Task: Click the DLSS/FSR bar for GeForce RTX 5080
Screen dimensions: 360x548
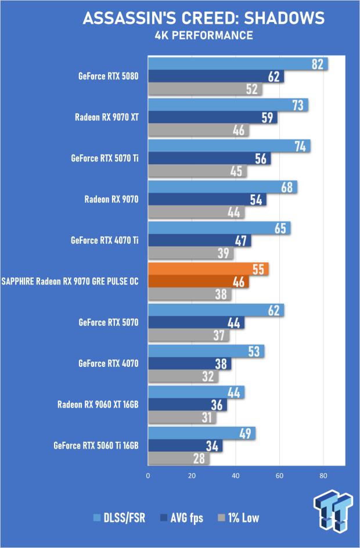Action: (x=237, y=64)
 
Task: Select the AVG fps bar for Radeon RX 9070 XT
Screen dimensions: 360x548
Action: (x=213, y=117)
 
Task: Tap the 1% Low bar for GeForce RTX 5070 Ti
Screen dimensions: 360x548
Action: (x=197, y=171)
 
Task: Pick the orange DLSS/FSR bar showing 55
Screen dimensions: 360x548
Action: (x=208, y=269)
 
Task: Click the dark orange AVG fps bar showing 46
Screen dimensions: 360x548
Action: (x=199, y=282)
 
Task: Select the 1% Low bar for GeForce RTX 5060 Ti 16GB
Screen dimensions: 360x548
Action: (x=179, y=458)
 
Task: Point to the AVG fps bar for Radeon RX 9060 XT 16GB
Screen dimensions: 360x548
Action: (x=188, y=405)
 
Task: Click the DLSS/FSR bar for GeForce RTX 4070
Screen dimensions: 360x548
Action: (x=206, y=351)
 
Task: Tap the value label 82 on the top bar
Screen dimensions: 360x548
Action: (x=318, y=64)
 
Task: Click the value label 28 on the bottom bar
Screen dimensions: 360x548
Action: (x=199, y=459)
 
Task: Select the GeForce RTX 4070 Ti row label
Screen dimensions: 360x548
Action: (x=105, y=240)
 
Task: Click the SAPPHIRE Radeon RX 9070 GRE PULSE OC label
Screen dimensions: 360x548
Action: (x=70, y=282)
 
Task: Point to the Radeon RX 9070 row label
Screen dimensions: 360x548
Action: (x=111, y=200)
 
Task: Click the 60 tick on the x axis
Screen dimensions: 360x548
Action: (x=279, y=475)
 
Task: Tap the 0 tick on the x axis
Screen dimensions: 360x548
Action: (x=148, y=475)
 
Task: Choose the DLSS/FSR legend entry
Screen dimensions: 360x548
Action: (x=119, y=518)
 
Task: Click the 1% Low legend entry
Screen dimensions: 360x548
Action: (x=239, y=518)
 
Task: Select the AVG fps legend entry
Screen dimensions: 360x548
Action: (x=181, y=518)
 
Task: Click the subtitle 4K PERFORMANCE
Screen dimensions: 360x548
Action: (x=204, y=35)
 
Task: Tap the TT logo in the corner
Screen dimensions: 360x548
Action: (x=333, y=511)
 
